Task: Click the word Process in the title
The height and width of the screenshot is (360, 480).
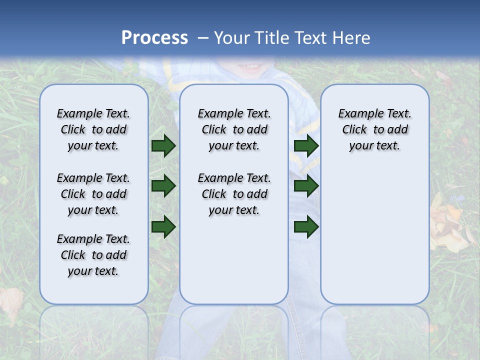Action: [154, 38]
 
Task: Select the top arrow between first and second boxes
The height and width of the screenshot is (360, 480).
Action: [163, 145]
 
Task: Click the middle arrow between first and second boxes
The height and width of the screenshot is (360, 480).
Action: [163, 186]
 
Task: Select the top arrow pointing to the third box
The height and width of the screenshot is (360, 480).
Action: [306, 145]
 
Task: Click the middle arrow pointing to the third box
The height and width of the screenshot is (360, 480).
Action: [306, 186]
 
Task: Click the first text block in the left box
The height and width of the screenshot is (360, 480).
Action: [93, 129]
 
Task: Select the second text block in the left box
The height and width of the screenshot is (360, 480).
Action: [93, 194]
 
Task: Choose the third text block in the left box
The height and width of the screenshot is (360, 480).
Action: [93, 255]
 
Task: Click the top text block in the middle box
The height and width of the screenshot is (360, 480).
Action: [234, 129]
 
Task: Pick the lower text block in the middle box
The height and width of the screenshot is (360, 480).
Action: [234, 194]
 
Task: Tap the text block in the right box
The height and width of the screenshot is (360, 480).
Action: [374, 129]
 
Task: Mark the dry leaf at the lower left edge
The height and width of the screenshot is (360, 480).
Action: [11, 302]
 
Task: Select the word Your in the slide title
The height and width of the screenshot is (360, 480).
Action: [232, 38]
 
